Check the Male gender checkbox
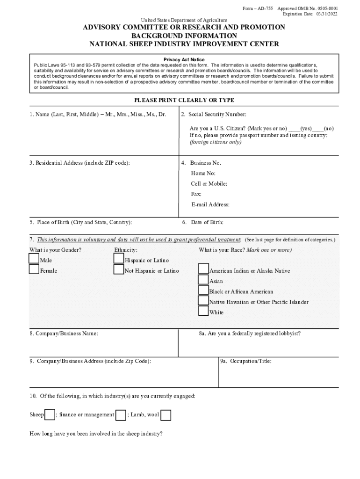[34, 259]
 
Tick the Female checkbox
[34, 269]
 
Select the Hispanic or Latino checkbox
[119, 259]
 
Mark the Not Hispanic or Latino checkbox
[119, 269]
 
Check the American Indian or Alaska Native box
[203, 269]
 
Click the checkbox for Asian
[203, 280]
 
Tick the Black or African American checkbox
[203, 290]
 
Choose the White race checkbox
[203, 311]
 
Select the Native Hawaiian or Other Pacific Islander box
[203, 300]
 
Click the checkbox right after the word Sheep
[49, 415]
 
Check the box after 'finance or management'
[121, 415]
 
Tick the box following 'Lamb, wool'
[166, 415]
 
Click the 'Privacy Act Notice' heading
[184, 60]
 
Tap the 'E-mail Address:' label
[210, 204]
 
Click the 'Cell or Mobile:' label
[209, 184]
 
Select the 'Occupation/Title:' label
[246, 361]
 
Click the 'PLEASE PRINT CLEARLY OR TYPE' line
[184, 100]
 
